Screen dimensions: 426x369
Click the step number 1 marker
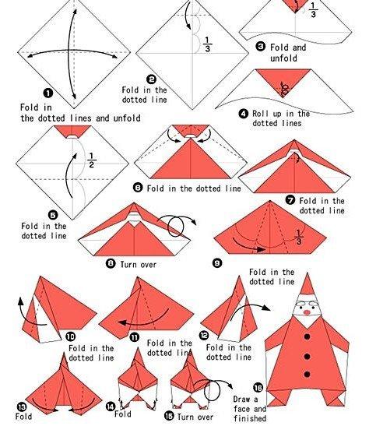(x=26, y=93)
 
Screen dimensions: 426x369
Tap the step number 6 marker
(x=138, y=188)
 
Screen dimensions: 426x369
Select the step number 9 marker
(x=217, y=263)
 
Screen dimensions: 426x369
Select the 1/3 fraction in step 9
(x=299, y=235)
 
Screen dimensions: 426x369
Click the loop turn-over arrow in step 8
(x=180, y=226)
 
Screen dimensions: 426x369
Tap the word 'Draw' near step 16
(x=243, y=400)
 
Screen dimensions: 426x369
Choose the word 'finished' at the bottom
(x=250, y=418)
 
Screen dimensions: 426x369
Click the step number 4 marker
(x=244, y=113)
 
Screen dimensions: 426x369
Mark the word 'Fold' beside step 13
(x=23, y=417)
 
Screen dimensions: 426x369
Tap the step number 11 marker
(x=134, y=336)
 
